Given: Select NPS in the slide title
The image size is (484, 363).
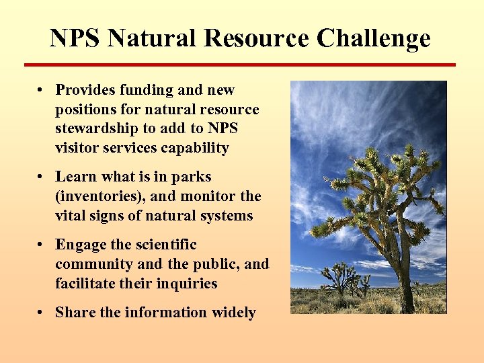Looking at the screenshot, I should [75, 38].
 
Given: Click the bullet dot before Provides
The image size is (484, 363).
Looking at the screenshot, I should [42, 90].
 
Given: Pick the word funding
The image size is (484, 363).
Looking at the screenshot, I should [148, 90].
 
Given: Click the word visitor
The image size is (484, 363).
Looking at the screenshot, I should [77, 148].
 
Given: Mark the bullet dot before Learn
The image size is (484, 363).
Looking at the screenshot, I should [42, 177].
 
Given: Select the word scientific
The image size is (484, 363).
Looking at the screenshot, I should [161, 245].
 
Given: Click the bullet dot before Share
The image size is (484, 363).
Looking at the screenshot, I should [42, 313].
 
